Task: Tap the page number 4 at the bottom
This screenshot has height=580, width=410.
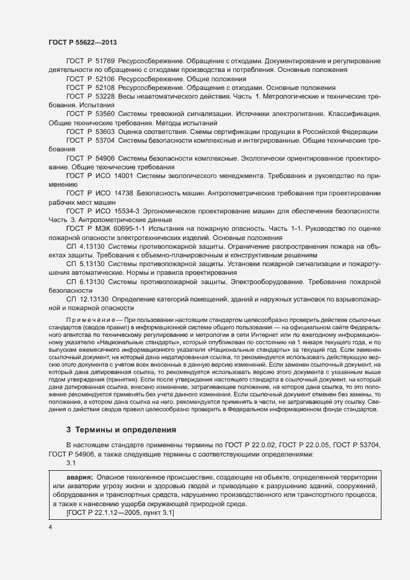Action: [x=50, y=527]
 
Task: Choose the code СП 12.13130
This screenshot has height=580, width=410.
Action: [x=86, y=299]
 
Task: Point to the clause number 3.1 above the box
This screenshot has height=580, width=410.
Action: [x=71, y=463]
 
